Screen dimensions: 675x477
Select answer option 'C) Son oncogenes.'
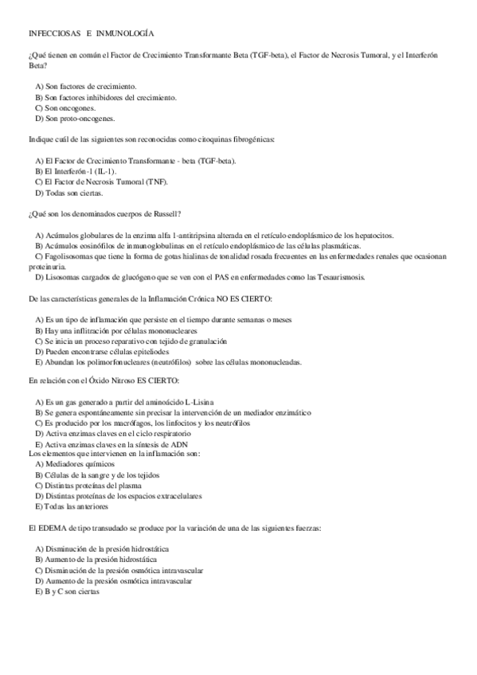coord(65,107)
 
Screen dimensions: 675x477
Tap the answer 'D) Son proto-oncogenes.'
coord(75,119)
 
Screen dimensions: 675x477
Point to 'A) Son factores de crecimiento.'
coord(86,86)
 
